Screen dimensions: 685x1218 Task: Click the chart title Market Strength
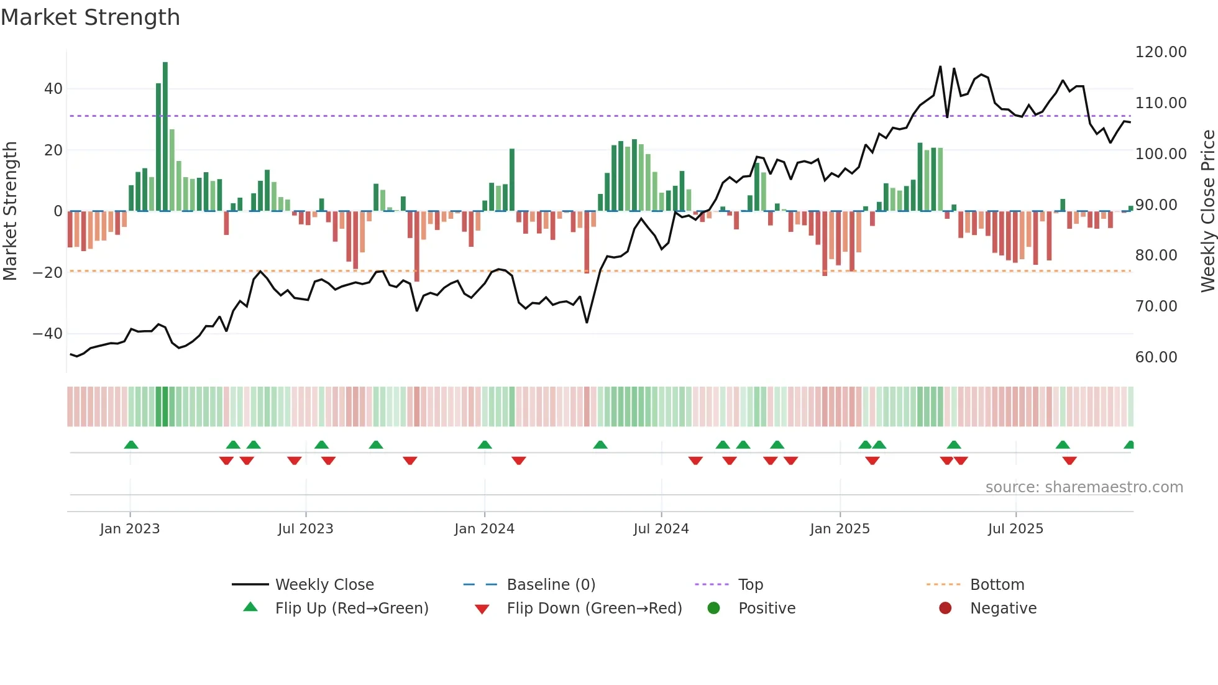tap(90, 17)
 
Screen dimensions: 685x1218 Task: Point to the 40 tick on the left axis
tap(53, 89)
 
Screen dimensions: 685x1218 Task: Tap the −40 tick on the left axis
tap(48, 334)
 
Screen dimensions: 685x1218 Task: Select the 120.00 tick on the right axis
tap(1161, 52)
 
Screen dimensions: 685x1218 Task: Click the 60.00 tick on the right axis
tap(1156, 357)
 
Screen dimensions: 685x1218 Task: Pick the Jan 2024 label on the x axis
tap(484, 529)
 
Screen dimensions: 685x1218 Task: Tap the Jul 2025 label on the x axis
tap(1015, 529)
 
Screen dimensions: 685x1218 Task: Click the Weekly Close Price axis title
tap(1207, 211)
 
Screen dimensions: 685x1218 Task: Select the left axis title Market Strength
tap(10, 211)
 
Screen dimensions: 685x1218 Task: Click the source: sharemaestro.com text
tap(1084, 487)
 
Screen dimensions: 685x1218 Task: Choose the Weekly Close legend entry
tap(324, 585)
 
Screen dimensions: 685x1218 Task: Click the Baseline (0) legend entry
tap(551, 585)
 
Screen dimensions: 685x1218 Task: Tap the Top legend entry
tap(750, 585)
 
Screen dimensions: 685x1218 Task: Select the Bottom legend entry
tap(997, 585)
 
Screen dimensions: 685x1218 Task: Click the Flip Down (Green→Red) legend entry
tap(594, 609)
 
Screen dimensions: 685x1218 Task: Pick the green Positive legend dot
tap(713, 609)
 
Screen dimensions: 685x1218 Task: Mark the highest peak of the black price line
tap(940, 67)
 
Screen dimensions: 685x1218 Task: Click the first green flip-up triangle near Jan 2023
tap(131, 444)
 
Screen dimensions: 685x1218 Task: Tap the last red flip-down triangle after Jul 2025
tap(1069, 461)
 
